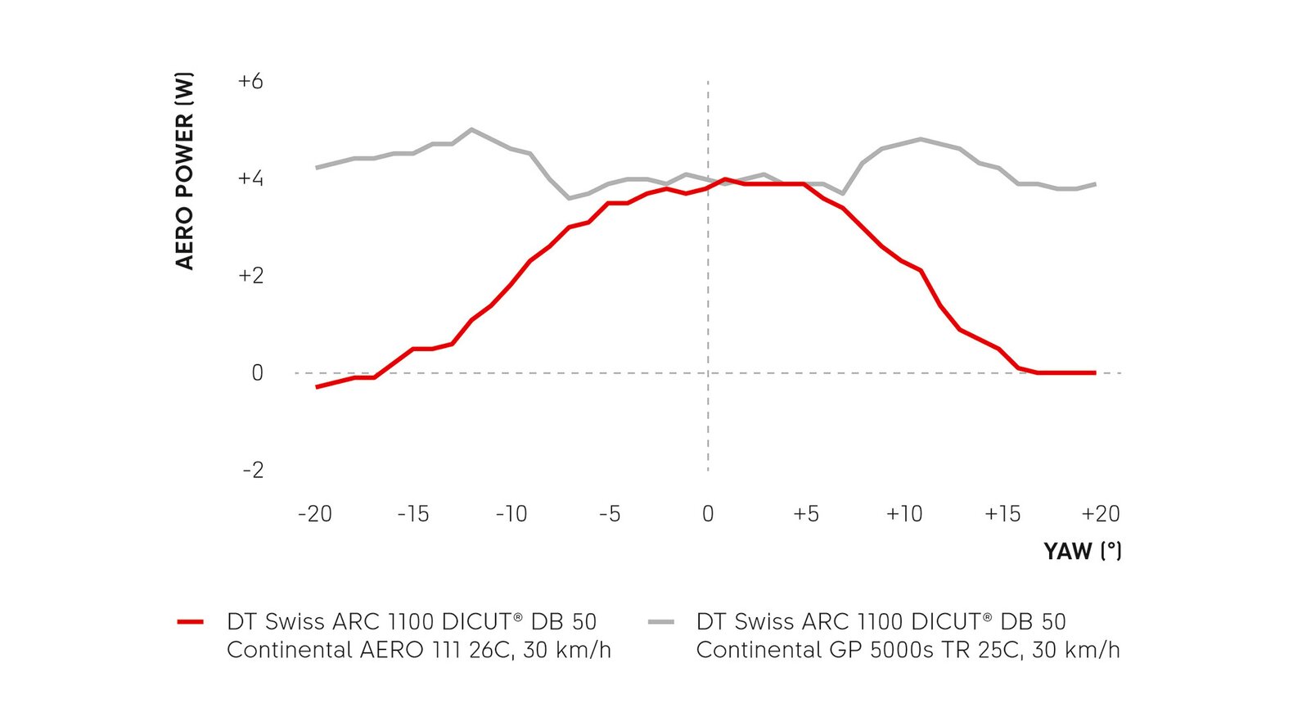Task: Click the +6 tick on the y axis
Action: point(250,81)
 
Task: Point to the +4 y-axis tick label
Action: point(250,178)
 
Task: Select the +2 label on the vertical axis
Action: point(250,276)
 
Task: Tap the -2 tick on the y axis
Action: point(253,470)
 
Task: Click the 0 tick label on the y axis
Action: point(257,373)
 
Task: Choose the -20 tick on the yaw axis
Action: point(315,514)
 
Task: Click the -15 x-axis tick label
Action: point(413,514)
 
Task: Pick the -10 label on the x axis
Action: point(511,514)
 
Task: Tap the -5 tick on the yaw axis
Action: point(610,514)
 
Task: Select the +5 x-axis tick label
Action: point(806,514)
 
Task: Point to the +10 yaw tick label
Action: point(904,514)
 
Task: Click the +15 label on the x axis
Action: point(1002,514)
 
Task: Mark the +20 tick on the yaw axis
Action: point(1101,514)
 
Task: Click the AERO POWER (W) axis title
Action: point(185,171)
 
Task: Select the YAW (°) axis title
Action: point(1082,551)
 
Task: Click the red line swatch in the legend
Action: point(190,622)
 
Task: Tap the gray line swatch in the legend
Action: point(660,622)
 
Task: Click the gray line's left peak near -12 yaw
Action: point(471,129)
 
